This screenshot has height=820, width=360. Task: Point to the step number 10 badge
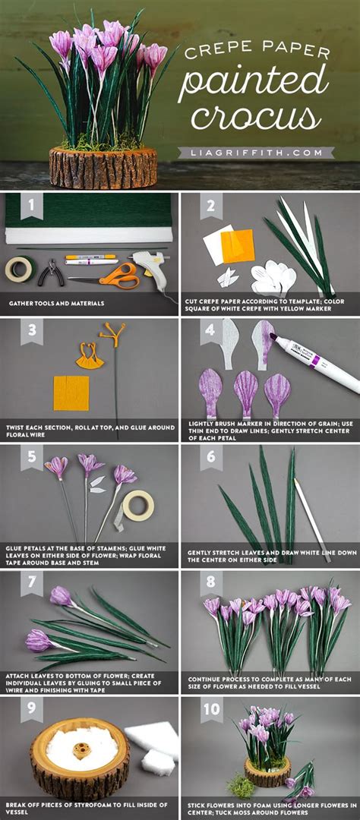[211, 711]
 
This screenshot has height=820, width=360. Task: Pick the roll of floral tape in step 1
[20, 269]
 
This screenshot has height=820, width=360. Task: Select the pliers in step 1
[52, 271]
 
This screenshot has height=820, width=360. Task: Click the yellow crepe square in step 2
[236, 246]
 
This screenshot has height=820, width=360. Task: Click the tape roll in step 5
[137, 505]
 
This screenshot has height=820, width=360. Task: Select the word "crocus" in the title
[252, 118]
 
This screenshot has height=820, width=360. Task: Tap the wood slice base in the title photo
[103, 168]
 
